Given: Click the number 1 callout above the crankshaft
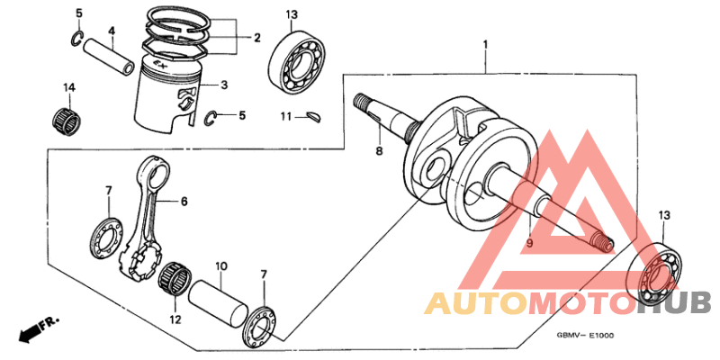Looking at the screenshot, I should [485, 44].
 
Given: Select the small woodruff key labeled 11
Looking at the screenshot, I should [314, 115].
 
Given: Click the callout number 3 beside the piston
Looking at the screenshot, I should [225, 85].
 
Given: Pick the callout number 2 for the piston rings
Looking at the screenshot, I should [256, 38].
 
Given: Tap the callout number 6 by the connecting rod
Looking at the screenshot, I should [184, 202].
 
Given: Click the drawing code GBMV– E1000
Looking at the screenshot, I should [585, 336].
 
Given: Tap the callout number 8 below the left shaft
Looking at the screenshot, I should [379, 151].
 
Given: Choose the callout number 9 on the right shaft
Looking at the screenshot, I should [529, 243].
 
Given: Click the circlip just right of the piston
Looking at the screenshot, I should [211, 116].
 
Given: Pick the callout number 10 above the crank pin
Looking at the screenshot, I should [219, 267].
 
